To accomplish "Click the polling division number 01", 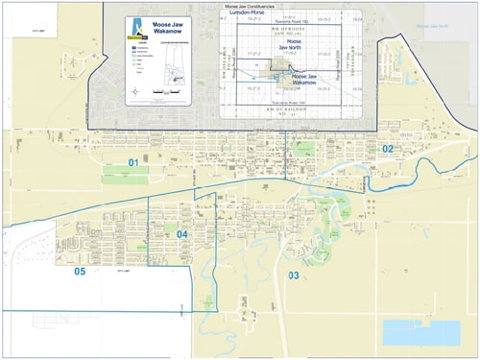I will click(134, 163).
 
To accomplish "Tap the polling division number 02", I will click(388, 149).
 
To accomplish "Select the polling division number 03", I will click(293, 276).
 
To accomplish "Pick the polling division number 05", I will click(80, 272).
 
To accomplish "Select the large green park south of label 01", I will click(121, 177).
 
